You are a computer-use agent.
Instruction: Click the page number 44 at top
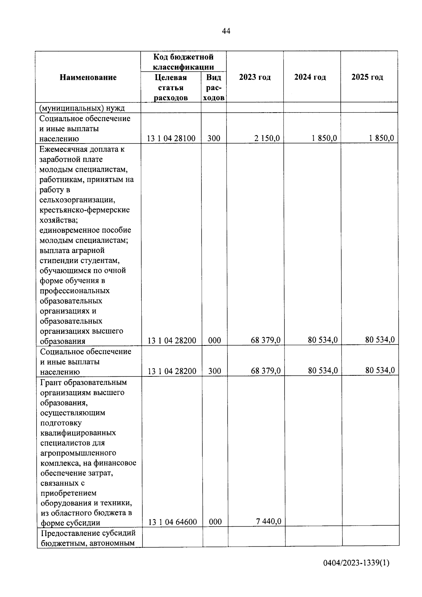(x=226, y=31)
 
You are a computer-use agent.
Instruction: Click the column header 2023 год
(x=255, y=77)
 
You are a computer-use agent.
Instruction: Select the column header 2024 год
(x=310, y=77)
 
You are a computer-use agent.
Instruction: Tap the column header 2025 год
(x=367, y=77)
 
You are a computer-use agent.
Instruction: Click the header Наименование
(x=88, y=77)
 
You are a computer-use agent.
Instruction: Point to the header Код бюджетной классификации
(x=183, y=62)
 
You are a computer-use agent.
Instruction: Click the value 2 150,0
(x=267, y=138)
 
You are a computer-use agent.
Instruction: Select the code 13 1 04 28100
(x=171, y=138)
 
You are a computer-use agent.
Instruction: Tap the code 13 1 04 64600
(x=172, y=522)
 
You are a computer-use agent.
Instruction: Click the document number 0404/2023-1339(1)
(x=356, y=563)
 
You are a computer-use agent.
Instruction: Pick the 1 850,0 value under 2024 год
(x=324, y=138)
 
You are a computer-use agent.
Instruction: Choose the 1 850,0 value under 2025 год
(x=381, y=138)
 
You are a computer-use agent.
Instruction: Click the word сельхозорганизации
(x=77, y=200)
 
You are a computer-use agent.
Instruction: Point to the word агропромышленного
(x=78, y=453)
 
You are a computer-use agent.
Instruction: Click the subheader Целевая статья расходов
(x=171, y=87)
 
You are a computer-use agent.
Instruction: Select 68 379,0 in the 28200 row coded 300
(x=266, y=370)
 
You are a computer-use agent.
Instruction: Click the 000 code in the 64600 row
(x=215, y=522)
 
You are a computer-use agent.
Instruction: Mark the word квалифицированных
(x=78, y=433)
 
